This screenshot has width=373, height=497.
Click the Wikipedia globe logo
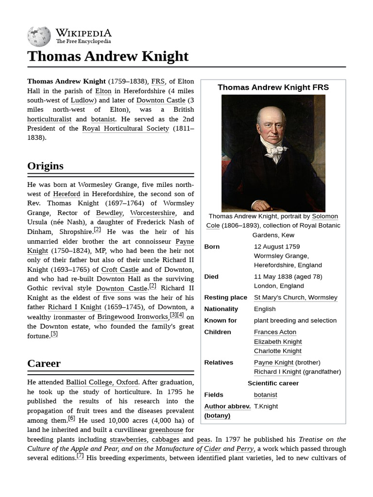(39, 37)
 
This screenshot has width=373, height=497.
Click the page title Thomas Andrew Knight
(108, 56)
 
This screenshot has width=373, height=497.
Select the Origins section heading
(45, 166)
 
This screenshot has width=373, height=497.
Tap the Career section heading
(44, 364)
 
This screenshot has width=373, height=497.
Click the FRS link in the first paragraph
(158, 82)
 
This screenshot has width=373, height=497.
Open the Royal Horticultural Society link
(125, 129)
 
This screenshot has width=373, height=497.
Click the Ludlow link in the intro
(83, 100)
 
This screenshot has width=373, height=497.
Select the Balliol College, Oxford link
(102, 382)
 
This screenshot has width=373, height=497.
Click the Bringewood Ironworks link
(133, 317)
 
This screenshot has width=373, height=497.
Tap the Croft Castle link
(120, 269)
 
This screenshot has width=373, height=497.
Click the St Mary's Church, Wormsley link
(295, 298)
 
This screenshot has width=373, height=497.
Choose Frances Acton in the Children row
(275, 332)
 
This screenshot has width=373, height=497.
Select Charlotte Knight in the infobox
(277, 351)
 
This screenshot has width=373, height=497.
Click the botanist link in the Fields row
(265, 395)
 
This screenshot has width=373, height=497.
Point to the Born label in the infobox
(212, 247)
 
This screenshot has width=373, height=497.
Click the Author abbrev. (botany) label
(227, 411)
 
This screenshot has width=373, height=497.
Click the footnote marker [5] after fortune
(54, 334)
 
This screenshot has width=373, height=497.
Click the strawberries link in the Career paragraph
(128, 439)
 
